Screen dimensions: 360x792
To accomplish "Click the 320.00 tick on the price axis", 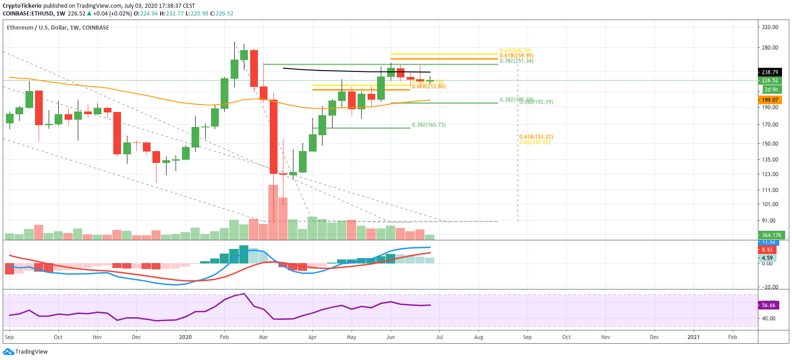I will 770,27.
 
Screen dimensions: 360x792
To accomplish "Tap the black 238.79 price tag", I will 770,72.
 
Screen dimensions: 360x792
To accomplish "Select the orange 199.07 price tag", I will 770,100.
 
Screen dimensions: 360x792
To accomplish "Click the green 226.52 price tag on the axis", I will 770,81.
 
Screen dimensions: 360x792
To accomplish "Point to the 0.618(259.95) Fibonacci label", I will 516,56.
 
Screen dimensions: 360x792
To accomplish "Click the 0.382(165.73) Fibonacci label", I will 429,125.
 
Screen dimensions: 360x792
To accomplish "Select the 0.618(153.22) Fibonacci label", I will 536,137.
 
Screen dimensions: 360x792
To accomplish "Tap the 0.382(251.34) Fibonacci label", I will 516,61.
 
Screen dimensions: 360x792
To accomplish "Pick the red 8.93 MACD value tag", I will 767,250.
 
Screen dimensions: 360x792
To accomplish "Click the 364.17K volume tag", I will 771,235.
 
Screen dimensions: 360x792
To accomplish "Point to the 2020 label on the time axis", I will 185,337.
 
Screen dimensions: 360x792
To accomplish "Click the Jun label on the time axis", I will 390,337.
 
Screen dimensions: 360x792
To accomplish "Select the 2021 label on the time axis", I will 693,337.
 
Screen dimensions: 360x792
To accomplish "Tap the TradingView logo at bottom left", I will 25,352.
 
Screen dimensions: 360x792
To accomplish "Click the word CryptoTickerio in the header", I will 22,6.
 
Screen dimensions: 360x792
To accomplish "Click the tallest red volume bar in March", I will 273,212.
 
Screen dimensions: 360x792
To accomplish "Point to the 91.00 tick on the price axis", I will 769,221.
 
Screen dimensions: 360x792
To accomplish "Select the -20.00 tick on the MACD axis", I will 769,287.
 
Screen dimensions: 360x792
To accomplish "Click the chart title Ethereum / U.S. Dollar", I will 36,28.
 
